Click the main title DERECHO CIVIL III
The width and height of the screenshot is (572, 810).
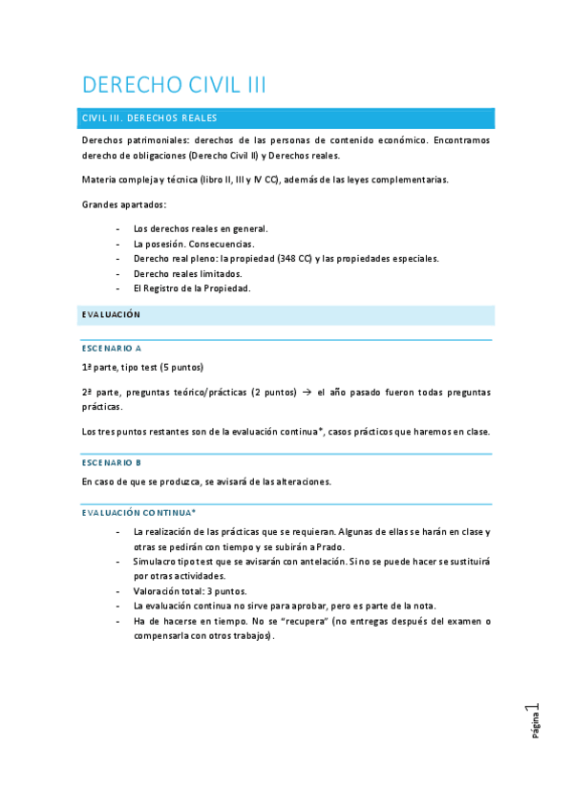174,85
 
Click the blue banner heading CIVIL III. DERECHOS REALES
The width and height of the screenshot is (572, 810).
150,118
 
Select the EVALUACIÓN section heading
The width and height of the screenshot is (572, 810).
111,314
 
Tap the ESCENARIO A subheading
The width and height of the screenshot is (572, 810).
112,349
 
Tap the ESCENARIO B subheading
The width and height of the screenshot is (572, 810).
112,462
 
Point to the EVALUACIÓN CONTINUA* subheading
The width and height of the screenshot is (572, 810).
138,513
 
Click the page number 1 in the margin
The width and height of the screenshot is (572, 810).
537,710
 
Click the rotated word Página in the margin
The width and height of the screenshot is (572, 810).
537,728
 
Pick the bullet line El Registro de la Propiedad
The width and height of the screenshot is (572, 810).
192,288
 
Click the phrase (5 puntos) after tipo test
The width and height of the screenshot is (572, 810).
181,368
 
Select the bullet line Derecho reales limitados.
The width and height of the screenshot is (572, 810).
188,273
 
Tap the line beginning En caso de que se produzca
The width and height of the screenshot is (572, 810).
205,481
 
